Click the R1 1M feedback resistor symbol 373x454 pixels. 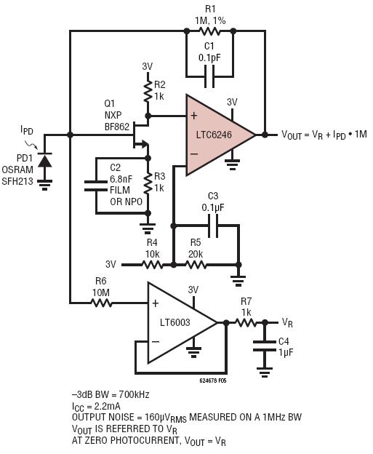210,31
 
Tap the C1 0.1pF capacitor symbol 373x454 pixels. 210,76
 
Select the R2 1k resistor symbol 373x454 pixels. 148,91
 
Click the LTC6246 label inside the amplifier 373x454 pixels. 214,135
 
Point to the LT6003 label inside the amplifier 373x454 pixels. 175,322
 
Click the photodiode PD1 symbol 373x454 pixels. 45,161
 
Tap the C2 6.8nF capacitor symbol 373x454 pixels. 95,186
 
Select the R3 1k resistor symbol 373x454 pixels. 148,183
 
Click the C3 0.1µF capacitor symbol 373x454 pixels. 214,226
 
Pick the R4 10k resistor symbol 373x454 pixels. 152,265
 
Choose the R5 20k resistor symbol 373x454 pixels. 196,265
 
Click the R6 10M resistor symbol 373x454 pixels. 101,303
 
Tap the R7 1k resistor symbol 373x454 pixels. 245,322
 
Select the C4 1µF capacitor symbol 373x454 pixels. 264,346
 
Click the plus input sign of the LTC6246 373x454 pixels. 194,116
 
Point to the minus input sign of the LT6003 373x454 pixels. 156,342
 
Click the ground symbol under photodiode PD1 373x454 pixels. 45,185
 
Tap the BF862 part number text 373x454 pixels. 117,127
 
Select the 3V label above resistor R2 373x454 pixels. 148,67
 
